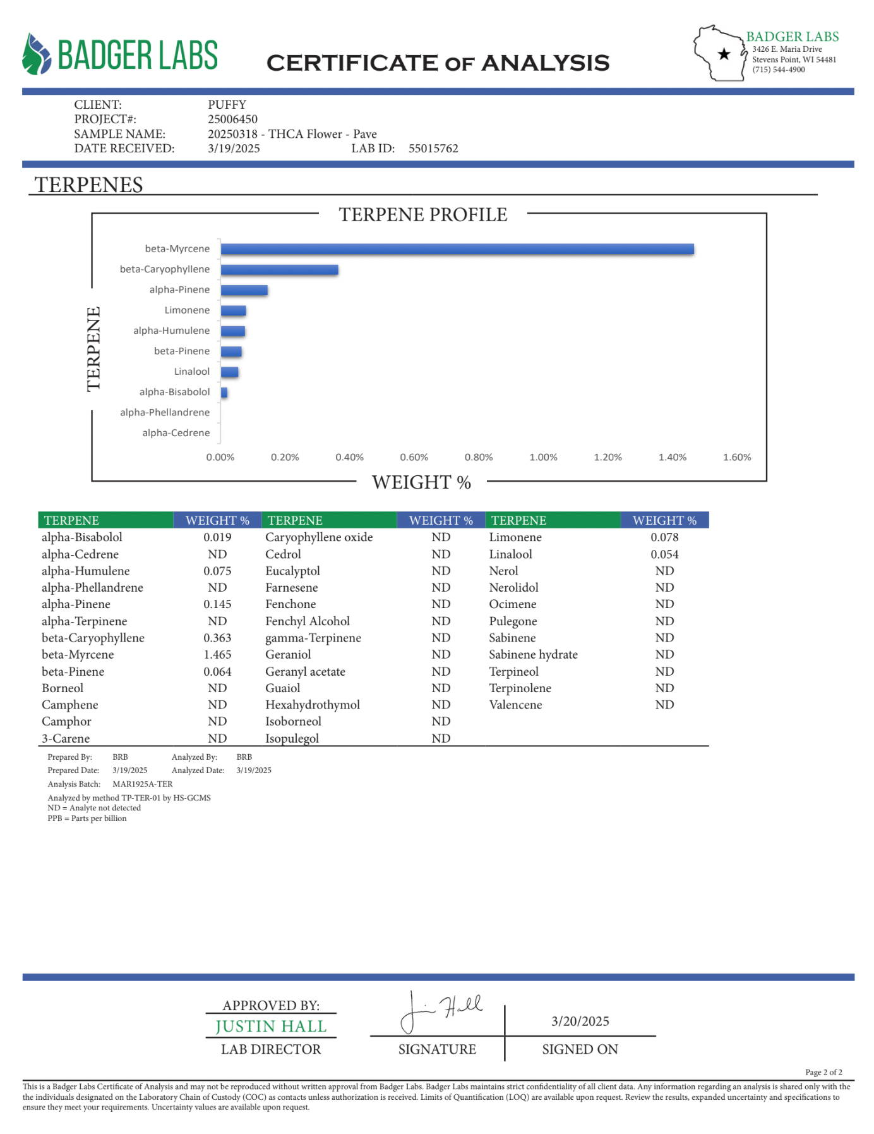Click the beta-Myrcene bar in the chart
pyautogui.click(x=457, y=249)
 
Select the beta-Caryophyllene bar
pyautogui.click(x=279, y=270)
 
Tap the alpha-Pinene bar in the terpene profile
pyautogui.click(x=244, y=290)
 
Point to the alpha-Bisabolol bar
pyautogui.click(x=224, y=393)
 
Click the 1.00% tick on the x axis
pyautogui.click(x=543, y=457)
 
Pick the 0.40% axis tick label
pyautogui.click(x=349, y=457)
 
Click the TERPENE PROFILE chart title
pyautogui.click(x=422, y=215)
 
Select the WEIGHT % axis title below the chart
pyautogui.click(x=421, y=482)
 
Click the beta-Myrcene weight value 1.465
pyautogui.click(x=217, y=655)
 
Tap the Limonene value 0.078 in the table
pyautogui.click(x=664, y=537)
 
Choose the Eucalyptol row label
pyautogui.click(x=292, y=571)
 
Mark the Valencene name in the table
pyautogui.click(x=515, y=705)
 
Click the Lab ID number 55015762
pyautogui.click(x=433, y=149)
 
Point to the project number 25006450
pyautogui.click(x=232, y=119)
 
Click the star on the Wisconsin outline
pyautogui.click(x=724, y=54)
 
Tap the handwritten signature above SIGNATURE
pyautogui.click(x=441, y=1009)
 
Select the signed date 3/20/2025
pyautogui.click(x=580, y=1021)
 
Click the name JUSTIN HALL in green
pyautogui.click(x=271, y=1027)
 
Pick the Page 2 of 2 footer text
pyautogui.click(x=823, y=1072)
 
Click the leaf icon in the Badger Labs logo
pyautogui.click(x=36, y=54)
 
